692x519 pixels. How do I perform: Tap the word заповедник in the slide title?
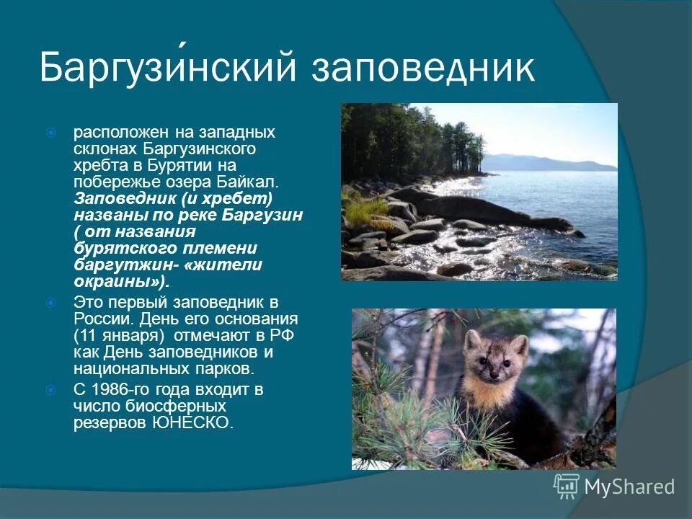coord(424,68)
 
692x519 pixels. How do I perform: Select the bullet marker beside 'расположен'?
coord(51,133)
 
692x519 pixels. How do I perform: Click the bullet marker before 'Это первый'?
coord(51,303)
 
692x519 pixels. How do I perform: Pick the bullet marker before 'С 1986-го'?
coord(51,390)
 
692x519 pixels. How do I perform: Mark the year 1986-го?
coord(121,390)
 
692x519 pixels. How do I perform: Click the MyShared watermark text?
coord(629,487)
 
